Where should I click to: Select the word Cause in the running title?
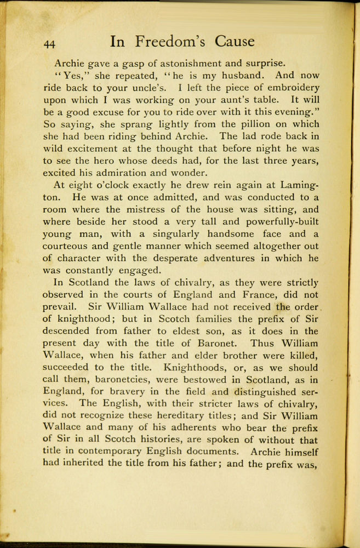coord(235,42)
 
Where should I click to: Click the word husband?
coord(245,75)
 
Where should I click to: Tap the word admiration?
coord(125,173)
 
